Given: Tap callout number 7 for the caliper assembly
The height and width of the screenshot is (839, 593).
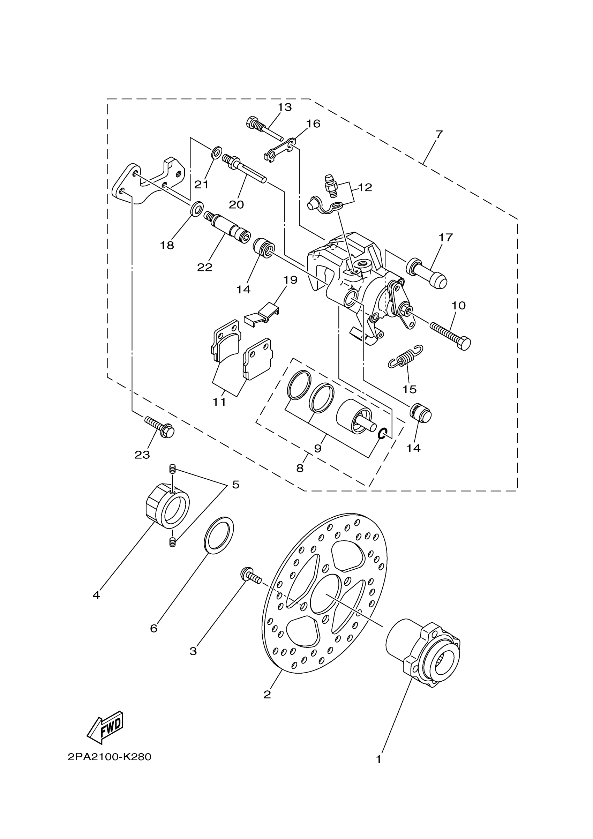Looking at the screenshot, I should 439,134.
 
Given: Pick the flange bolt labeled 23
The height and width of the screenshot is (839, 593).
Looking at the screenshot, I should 159,427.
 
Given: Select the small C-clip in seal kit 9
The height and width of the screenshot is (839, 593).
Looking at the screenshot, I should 382,434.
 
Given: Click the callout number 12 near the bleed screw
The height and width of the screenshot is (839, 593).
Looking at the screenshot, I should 365,187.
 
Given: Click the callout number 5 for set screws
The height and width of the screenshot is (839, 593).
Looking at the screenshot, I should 236,485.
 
